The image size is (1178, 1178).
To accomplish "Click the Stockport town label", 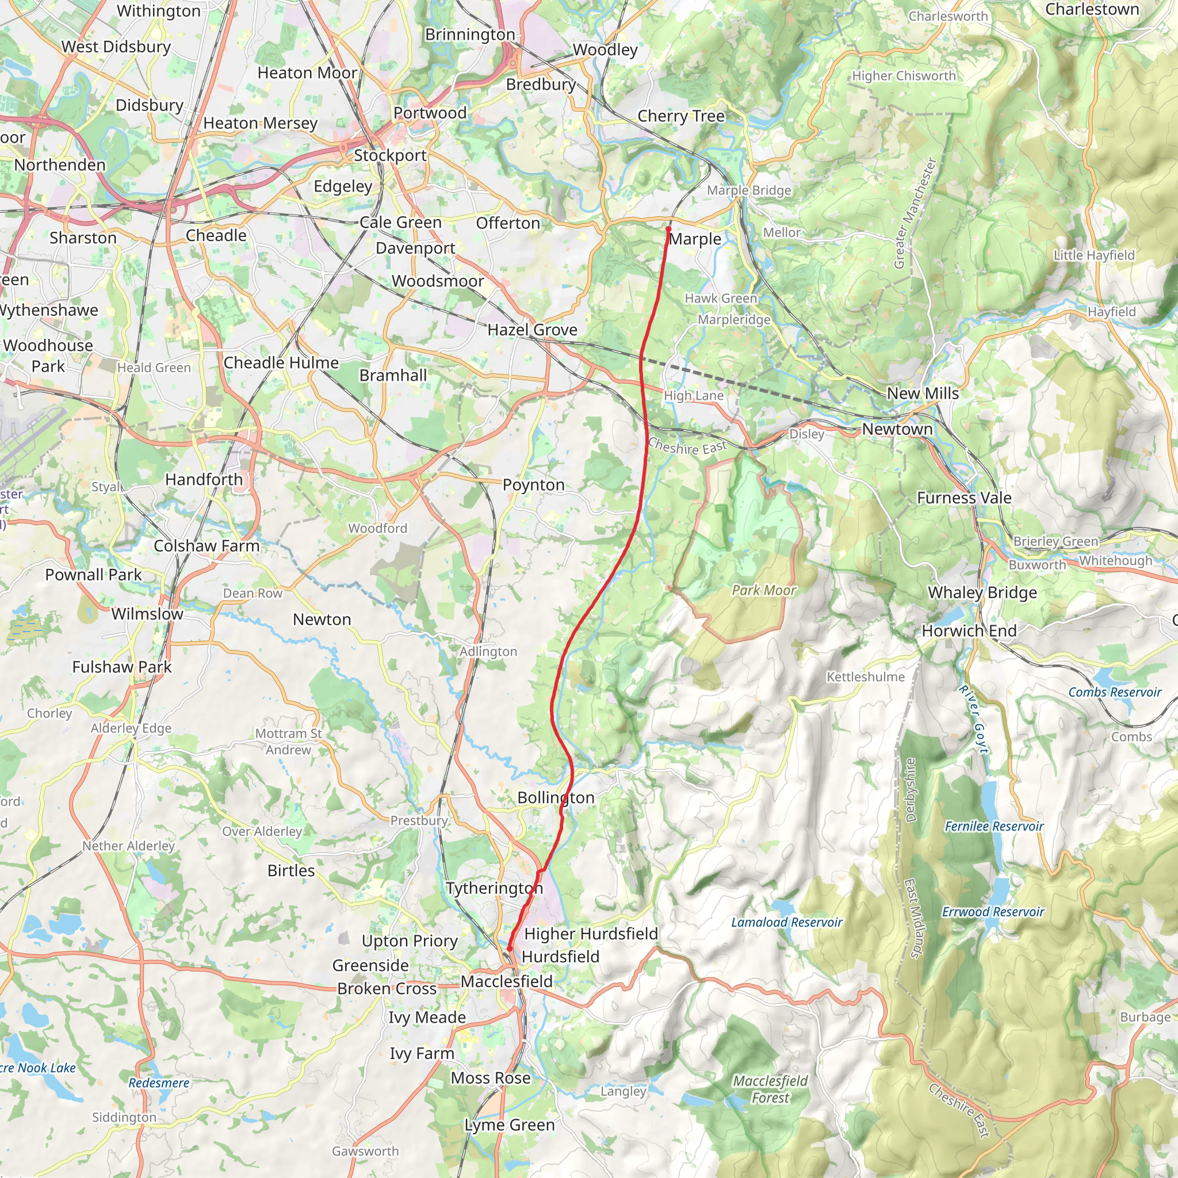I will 389,155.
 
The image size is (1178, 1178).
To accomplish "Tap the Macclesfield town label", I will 506,982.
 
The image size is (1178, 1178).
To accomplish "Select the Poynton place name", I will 534,485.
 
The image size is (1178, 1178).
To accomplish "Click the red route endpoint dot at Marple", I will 668,229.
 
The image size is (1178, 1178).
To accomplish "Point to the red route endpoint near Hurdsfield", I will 510,948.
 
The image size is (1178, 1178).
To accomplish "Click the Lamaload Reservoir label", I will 786,923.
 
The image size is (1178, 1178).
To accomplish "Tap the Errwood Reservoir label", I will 993,912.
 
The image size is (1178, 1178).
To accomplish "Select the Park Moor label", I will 764,590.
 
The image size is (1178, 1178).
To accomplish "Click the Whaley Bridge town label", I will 982,592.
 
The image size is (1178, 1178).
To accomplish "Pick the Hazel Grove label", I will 532,330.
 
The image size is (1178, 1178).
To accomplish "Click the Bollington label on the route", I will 556,798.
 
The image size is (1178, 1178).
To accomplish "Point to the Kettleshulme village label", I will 865,677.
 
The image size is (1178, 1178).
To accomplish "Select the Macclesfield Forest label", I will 770,1089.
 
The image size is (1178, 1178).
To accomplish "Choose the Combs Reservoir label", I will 1115,692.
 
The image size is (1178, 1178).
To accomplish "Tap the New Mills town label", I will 923,393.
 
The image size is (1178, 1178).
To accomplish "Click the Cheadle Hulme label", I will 281,363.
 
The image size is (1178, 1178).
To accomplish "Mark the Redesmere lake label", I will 159,1083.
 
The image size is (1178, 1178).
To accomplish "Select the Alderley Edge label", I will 131,728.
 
